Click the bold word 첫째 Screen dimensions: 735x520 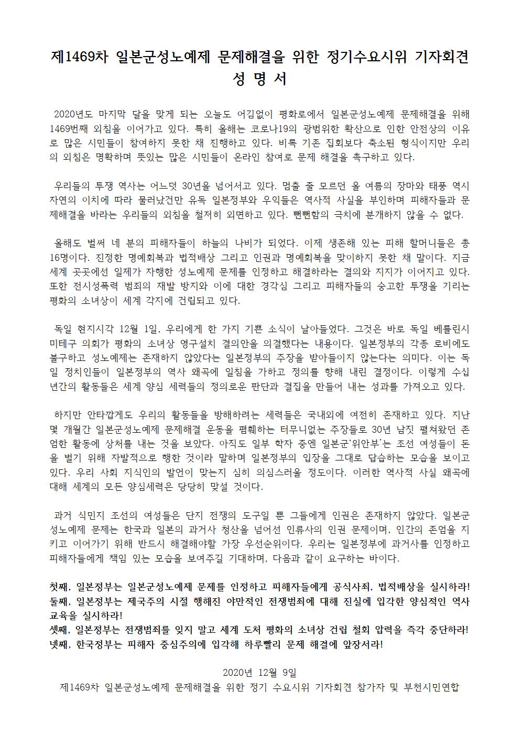click(x=59, y=586)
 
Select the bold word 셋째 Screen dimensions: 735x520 click(x=59, y=629)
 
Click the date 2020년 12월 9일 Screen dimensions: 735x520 click(x=259, y=673)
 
